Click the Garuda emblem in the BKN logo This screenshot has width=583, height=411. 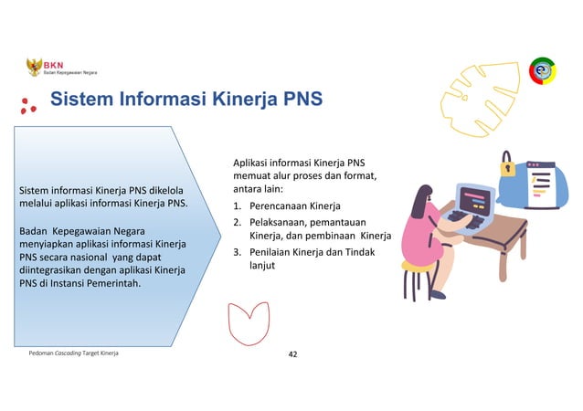coord(35,66)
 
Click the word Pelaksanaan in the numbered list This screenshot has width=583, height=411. coord(280,222)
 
